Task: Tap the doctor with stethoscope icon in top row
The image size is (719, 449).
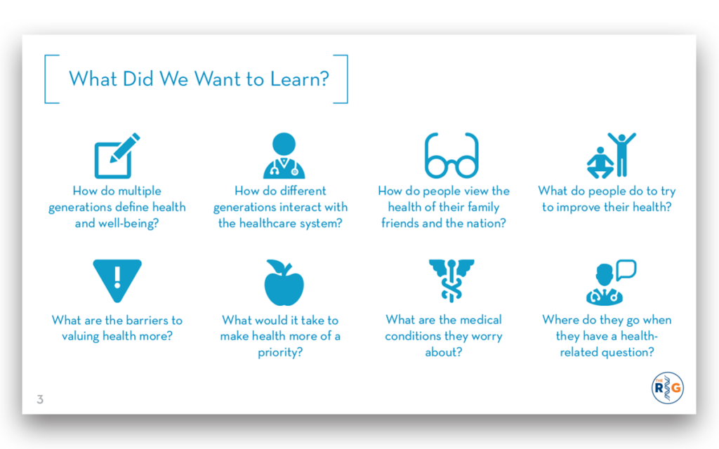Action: click(x=284, y=155)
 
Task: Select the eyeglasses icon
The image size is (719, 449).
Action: click(x=451, y=155)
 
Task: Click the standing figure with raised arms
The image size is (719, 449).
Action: click(x=622, y=154)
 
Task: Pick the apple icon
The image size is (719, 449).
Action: click(x=284, y=282)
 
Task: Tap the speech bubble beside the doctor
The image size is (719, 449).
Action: click(x=626, y=270)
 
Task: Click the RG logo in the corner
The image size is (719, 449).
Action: click(x=667, y=387)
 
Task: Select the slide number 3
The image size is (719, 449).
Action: click(x=40, y=399)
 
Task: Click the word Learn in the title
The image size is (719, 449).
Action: click(x=299, y=79)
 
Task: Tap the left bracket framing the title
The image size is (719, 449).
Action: click(x=51, y=79)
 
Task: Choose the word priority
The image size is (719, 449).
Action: click(x=279, y=353)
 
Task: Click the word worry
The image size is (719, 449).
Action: click(x=487, y=337)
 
